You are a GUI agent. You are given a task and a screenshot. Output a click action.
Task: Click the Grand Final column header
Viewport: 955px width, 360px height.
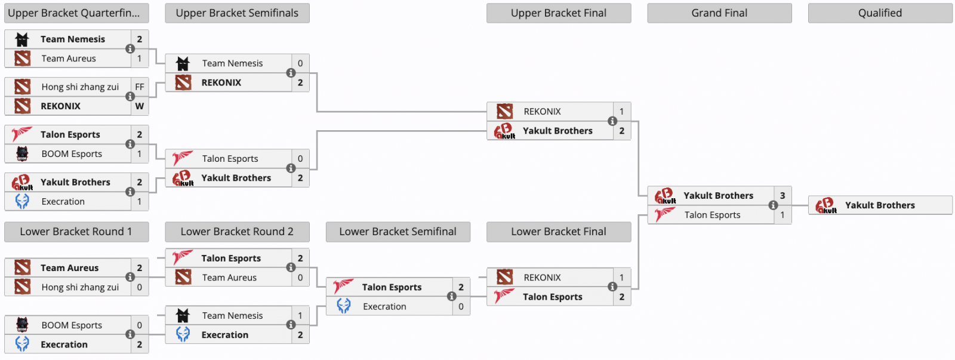click(719, 13)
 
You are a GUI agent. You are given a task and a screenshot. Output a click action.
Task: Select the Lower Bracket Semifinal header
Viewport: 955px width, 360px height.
click(398, 232)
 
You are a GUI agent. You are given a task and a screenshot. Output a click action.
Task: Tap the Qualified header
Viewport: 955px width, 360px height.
click(880, 13)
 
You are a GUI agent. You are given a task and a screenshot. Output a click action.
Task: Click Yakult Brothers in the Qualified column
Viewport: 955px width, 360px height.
click(880, 205)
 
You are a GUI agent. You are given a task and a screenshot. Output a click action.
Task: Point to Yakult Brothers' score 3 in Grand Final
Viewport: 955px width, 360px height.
click(783, 196)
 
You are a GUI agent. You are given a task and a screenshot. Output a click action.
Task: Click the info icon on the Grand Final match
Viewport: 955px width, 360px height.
click(773, 205)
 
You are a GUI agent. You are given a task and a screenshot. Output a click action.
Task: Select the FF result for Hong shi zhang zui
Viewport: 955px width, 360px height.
click(140, 87)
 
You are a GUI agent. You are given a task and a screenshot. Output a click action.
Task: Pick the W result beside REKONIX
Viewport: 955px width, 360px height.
click(140, 106)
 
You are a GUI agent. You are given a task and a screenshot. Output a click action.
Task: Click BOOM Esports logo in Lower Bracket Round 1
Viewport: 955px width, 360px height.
click(22, 325)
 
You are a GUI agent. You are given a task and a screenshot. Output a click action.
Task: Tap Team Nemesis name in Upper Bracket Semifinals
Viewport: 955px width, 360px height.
click(232, 63)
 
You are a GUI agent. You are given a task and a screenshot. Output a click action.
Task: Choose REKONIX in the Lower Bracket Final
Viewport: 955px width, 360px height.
click(542, 278)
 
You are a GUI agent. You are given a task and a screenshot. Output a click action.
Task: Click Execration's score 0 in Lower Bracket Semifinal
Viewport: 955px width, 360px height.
click(461, 307)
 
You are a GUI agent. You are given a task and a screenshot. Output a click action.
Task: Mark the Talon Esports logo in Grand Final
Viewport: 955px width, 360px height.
click(664, 215)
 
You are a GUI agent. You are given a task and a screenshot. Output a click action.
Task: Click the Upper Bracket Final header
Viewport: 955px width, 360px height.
click(559, 13)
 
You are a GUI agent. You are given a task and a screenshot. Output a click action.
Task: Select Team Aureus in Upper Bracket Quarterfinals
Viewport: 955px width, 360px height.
click(69, 59)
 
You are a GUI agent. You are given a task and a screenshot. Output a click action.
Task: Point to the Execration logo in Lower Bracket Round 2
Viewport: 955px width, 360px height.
click(183, 335)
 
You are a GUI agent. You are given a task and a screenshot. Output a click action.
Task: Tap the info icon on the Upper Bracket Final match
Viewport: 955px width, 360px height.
click(612, 121)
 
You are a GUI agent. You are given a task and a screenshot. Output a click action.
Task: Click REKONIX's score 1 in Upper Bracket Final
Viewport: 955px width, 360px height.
click(621, 112)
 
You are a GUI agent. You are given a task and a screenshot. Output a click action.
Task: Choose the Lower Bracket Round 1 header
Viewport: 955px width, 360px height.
click(76, 232)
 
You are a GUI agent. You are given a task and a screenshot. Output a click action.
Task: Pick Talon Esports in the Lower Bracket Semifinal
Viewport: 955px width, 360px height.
click(392, 287)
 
